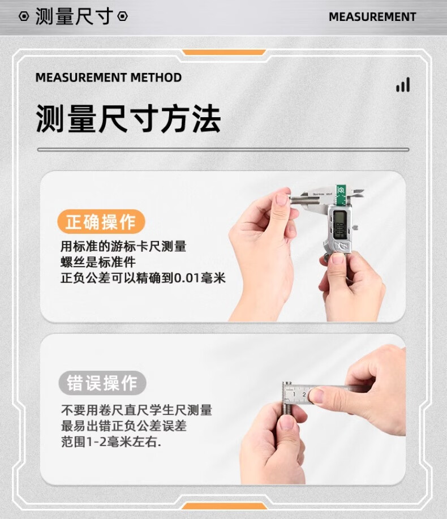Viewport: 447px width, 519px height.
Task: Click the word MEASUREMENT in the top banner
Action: (x=372, y=17)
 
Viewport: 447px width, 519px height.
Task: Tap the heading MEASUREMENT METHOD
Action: (x=109, y=78)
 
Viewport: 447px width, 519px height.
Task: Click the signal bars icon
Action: (x=403, y=85)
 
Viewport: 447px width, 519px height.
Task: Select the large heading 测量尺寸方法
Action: (x=128, y=118)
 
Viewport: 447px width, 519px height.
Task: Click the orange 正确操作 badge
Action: (x=101, y=221)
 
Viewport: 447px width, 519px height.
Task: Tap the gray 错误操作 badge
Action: (x=102, y=383)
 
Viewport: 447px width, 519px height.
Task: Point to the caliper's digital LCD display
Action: (x=340, y=224)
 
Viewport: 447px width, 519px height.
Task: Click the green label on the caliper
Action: (x=341, y=195)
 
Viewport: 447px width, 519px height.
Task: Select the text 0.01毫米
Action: (x=200, y=278)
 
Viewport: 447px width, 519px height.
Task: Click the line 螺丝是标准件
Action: (x=98, y=262)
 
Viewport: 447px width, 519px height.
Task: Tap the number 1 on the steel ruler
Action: (x=294, y=394)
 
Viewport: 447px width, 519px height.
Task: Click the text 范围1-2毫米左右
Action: (x=111, y=441)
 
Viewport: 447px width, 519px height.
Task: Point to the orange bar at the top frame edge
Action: (x=223, y=52)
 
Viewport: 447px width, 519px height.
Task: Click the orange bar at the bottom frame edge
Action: (x=223, y=506)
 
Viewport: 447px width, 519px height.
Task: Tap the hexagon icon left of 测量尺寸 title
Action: (x=24, y=16)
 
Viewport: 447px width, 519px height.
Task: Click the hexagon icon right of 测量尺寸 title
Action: (x=122, y=16)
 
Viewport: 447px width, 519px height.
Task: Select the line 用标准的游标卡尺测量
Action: (x=123, y=246)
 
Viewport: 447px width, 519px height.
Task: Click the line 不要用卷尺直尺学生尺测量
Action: (x=136, y=410)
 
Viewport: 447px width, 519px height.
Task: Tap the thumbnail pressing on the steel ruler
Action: (x=316, y=396)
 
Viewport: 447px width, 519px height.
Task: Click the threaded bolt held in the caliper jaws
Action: (x=305, y=200)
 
